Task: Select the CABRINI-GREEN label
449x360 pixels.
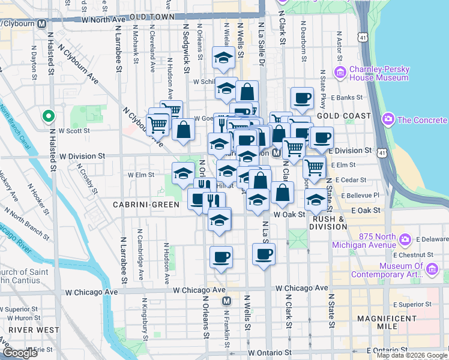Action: (146, 205)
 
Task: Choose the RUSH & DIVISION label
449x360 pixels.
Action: (329, 223)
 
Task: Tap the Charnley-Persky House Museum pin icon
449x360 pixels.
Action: (340, 73)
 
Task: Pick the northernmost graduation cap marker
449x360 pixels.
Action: (224, 58)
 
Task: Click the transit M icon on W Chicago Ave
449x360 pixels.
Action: (226, 301)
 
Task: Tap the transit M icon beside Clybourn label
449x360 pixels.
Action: (41, 24)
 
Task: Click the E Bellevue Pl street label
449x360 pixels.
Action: (360, 196)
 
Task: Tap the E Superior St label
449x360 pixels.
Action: (413, 305)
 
